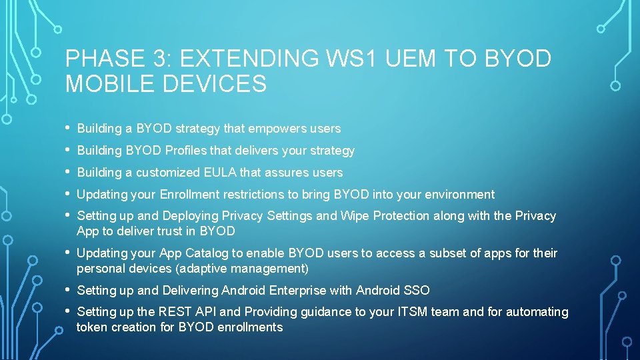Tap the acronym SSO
(417, 291)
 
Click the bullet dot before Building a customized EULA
(69, 172)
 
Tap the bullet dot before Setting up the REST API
(69, 311)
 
